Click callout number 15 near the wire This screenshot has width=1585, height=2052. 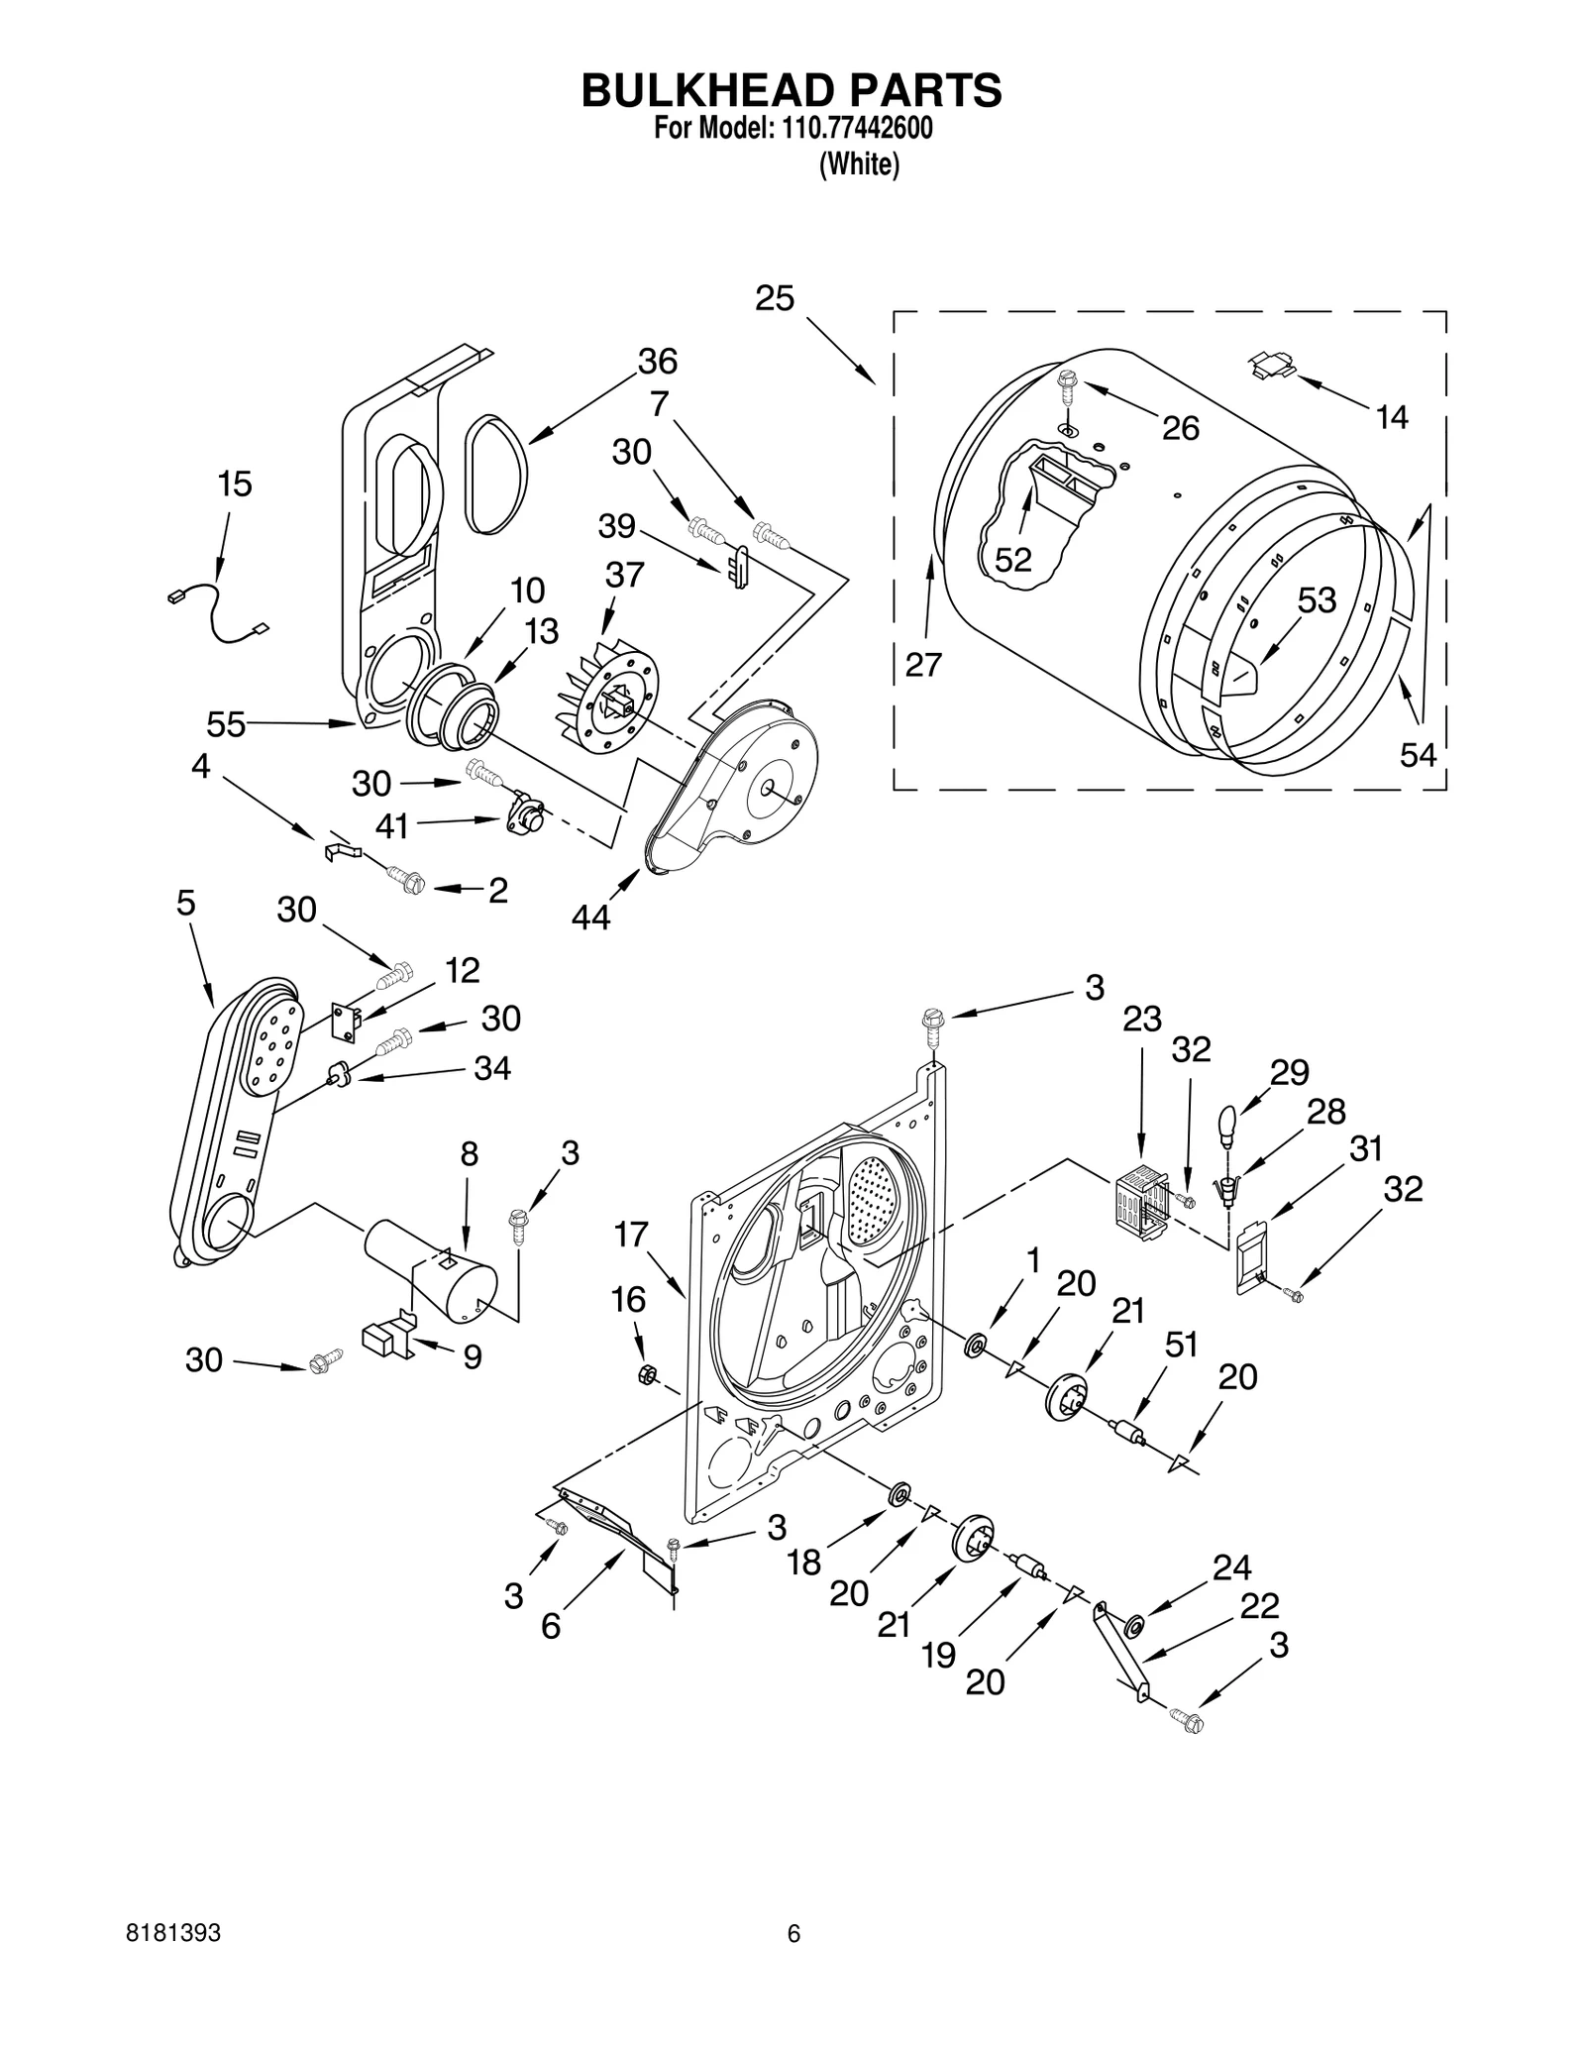tap(235, 485)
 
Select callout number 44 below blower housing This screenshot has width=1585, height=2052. tap(590, 918)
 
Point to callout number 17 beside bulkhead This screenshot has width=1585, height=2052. tap(631, 1235)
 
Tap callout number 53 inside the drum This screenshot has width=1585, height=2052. tap(1317, 600)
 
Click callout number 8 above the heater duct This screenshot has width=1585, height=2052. tap(470, 1153)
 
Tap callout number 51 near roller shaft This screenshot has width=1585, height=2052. tap(1182, 1345)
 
